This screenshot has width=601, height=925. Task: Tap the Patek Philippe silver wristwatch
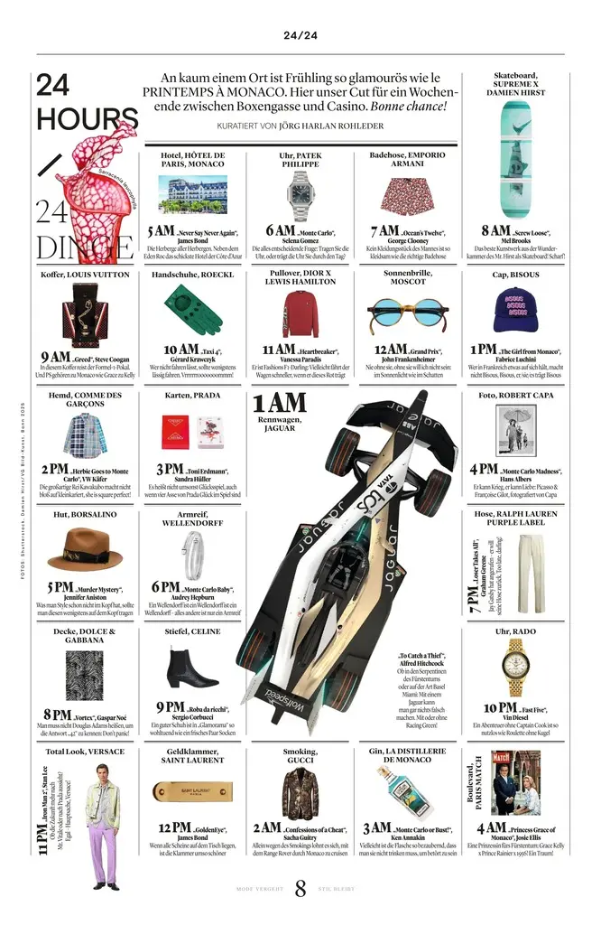pos(300,195)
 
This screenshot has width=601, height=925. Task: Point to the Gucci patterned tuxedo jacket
pos(300,791)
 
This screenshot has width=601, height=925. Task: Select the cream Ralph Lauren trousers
pos(531,560)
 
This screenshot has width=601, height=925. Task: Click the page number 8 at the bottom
pos(300,890)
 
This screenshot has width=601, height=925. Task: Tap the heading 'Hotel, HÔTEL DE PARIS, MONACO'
pos(193,160)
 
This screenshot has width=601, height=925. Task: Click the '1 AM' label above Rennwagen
pos(280,403)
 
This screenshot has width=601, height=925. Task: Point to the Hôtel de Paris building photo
pos(192,195)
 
